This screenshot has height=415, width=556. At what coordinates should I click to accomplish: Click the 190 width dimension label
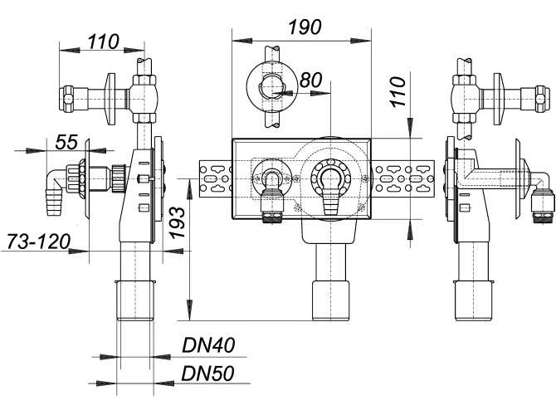[305, 27]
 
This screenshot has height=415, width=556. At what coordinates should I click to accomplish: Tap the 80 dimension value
[310, 81]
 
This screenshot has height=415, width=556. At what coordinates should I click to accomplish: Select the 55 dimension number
[66, 142]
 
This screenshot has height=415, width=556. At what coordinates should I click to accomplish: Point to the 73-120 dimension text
[39, 242]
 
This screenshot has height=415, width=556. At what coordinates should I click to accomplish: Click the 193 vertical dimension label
[177, 222]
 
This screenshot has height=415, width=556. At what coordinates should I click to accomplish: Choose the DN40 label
[208, 344]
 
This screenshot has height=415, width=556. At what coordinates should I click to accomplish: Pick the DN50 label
[207, 373]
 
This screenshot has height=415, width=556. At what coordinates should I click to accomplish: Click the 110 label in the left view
[103, 41]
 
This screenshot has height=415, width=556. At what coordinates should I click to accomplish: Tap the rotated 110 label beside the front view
[397, 92]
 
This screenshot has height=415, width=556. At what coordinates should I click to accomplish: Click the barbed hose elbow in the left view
[55, 192]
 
